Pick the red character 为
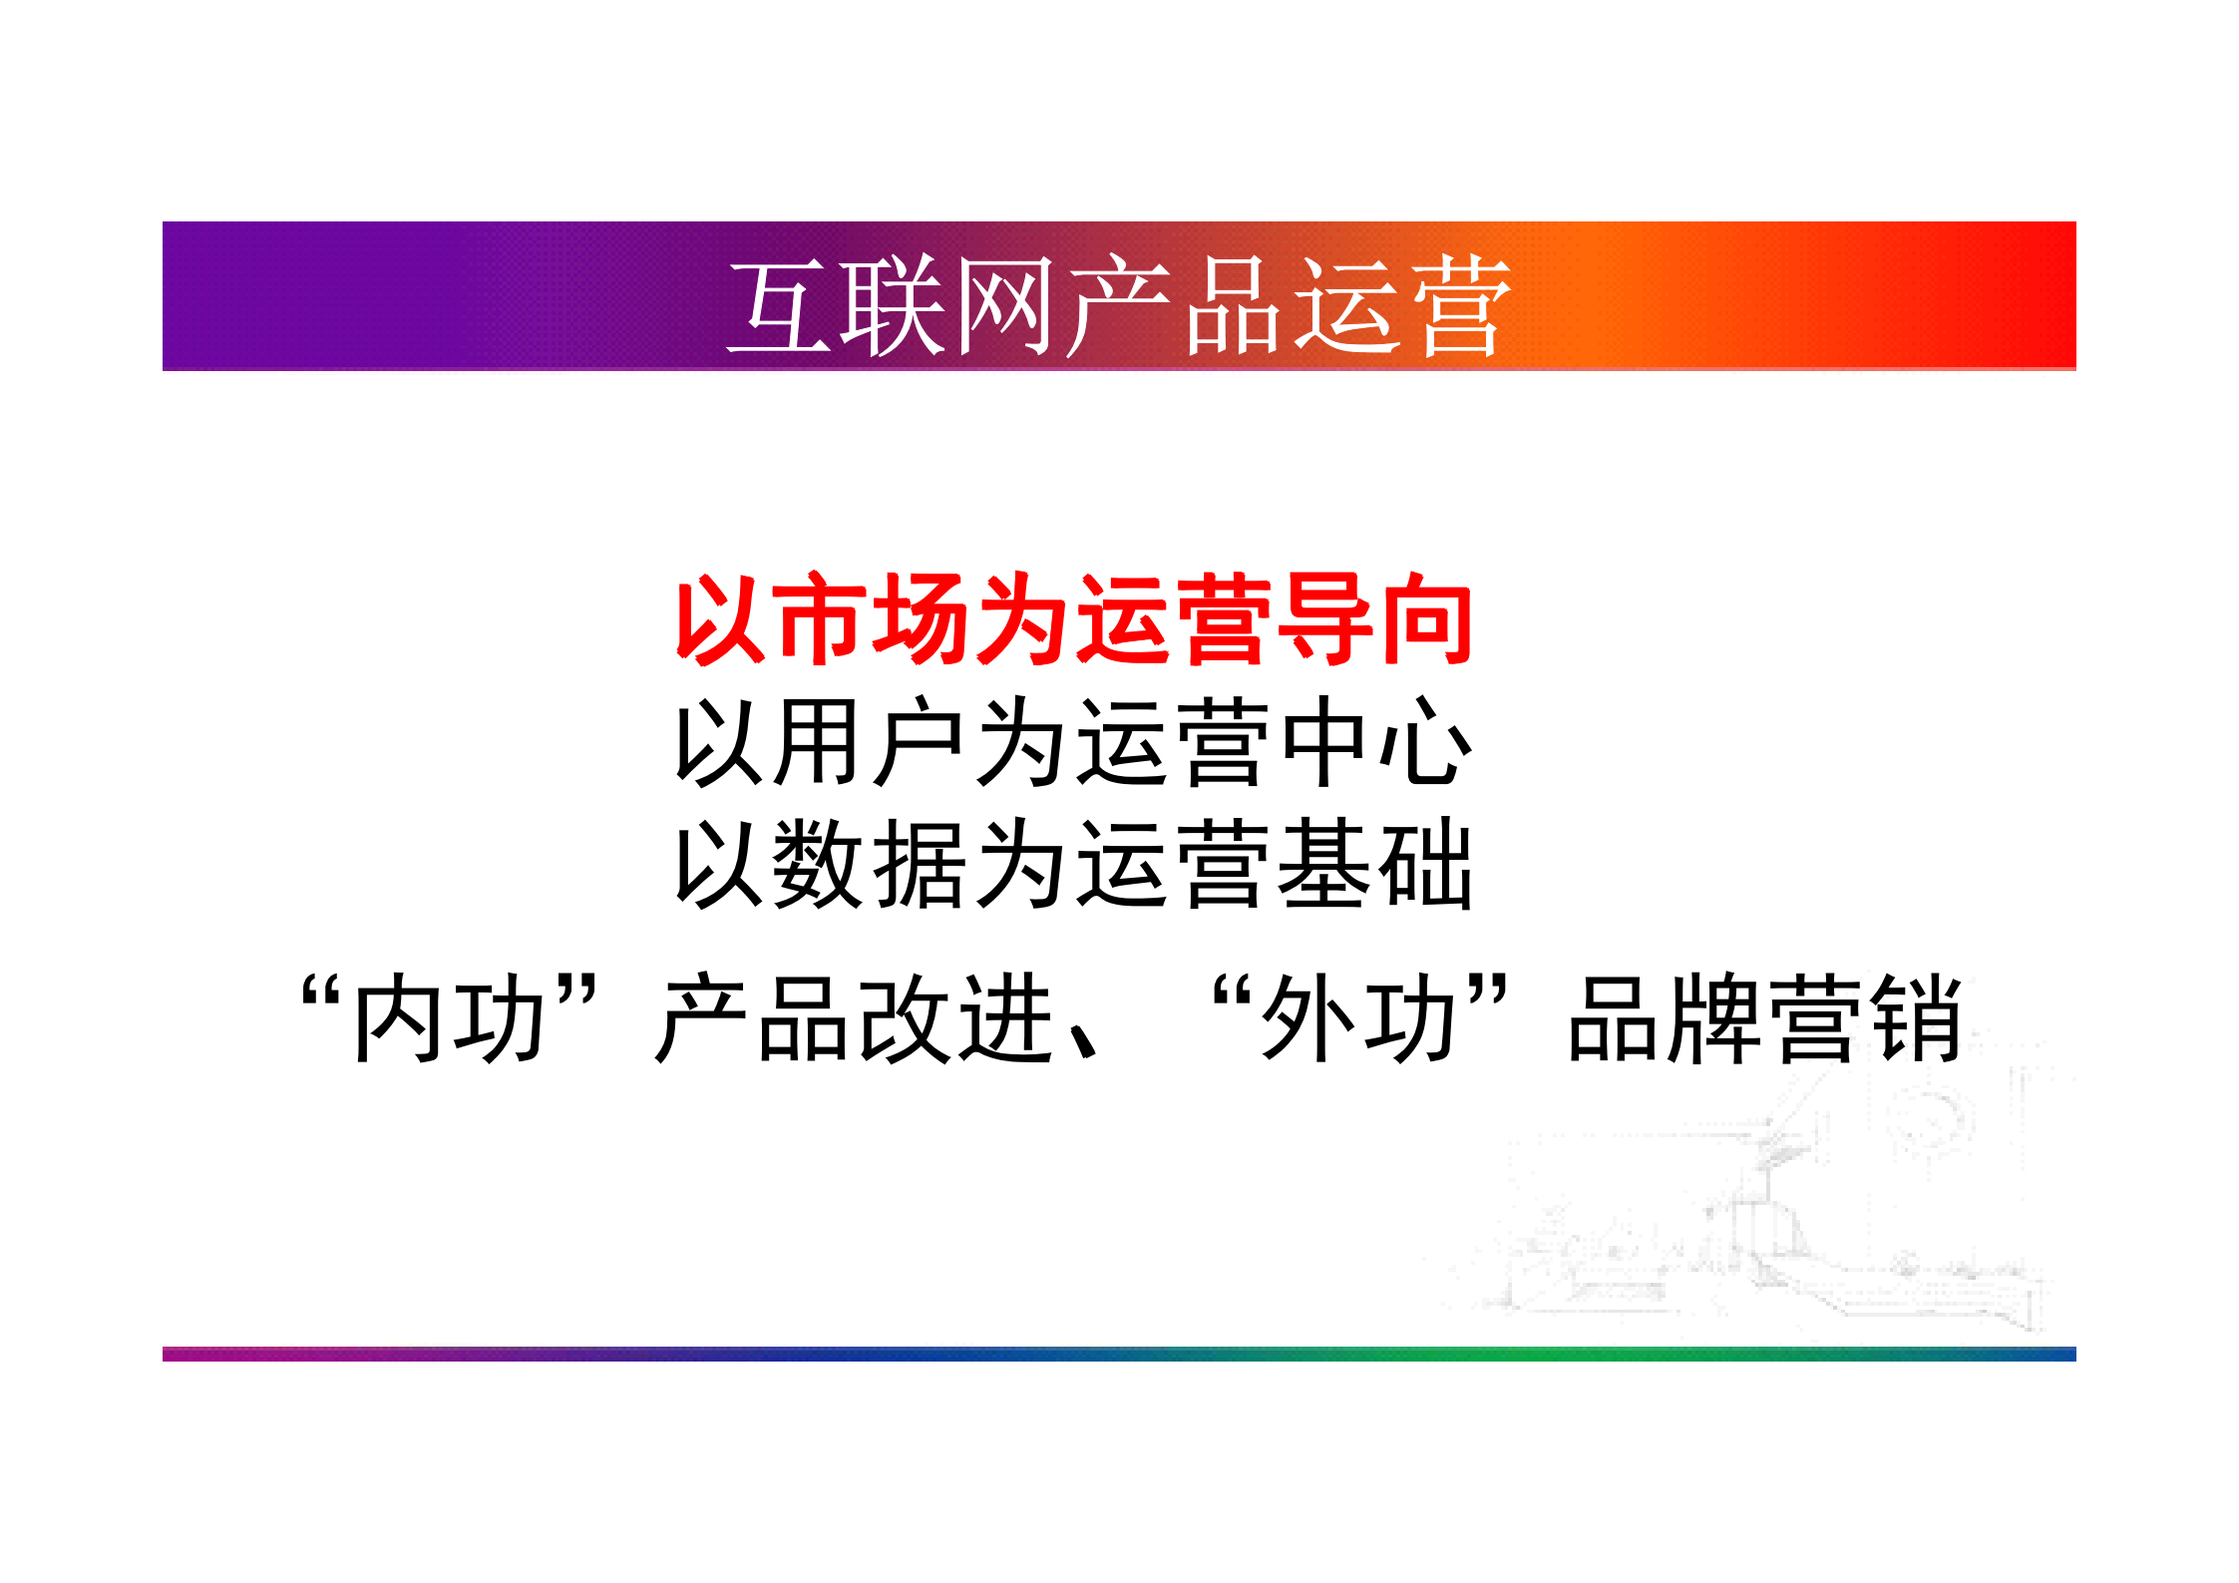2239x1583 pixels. [x=1024, y=620]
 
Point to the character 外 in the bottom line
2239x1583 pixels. [x=1306, y=1019]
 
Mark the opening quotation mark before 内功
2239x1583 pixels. [x=322, y=992]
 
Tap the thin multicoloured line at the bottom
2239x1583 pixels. [x=1119, y=1354]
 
